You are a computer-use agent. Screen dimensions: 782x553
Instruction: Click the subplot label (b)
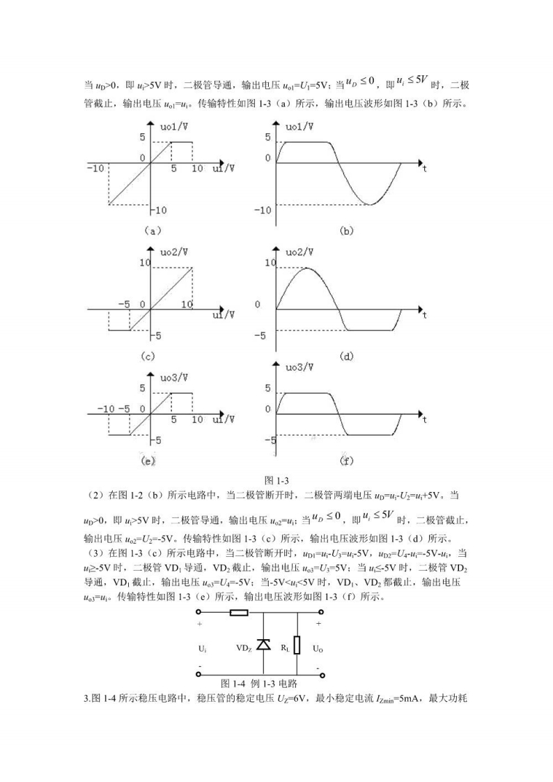click(x=346, y=231)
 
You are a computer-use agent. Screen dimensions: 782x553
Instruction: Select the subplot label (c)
click(x=147, y=355)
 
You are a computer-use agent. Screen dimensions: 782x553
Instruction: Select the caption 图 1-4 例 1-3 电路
click(x=259, y=683)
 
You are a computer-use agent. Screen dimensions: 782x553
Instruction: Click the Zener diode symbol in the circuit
click(x=263, y=645)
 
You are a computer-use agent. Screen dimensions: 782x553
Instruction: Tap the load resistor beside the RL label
click(x=297, y=645)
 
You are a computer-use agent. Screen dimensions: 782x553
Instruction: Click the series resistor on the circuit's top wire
click(x=240, y=614)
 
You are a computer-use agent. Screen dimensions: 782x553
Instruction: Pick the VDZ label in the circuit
click(x=244, y=648)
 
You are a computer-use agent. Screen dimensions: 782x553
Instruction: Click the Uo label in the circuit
click(x=318, y=648)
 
